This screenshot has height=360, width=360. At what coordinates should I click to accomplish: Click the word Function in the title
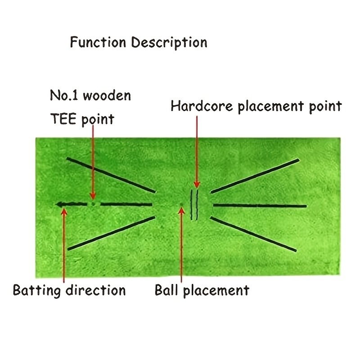(x=99, y=42)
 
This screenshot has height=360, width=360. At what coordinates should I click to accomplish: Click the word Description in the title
(x=169, y=43)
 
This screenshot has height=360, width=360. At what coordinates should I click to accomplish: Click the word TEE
(x=63, y=119)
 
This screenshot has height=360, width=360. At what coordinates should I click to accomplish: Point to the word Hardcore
(x=202, y=107)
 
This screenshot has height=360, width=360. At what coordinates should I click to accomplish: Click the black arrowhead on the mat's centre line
(x=59, y=205)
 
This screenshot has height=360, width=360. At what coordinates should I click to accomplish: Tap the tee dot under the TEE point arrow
(x=93, y=203)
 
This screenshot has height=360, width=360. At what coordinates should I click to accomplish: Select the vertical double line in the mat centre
(x=194, y=205)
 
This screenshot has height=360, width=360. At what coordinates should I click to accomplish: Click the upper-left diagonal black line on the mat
(x=111, y=175)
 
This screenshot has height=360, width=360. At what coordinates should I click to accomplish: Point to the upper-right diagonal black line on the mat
(x=255, y=176)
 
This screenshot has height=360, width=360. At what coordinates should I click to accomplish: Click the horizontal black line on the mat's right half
(x=260, y=206)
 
